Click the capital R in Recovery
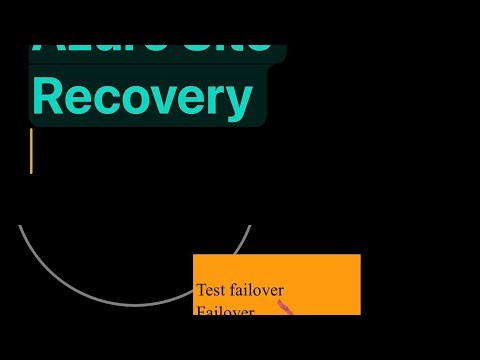click(x=49, y=98)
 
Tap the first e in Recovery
click(x=83, y=102)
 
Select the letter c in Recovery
click(x=112, y=102)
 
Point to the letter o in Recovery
click(x=141, y=102)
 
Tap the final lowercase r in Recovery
click(x=219, y=102)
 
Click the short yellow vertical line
click(x=32, y=151)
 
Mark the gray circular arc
click(x=135, y=303)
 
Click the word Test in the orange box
click(x=211, y=291)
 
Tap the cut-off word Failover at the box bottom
click(x=225, y=311)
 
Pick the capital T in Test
click(x=201, y=291)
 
